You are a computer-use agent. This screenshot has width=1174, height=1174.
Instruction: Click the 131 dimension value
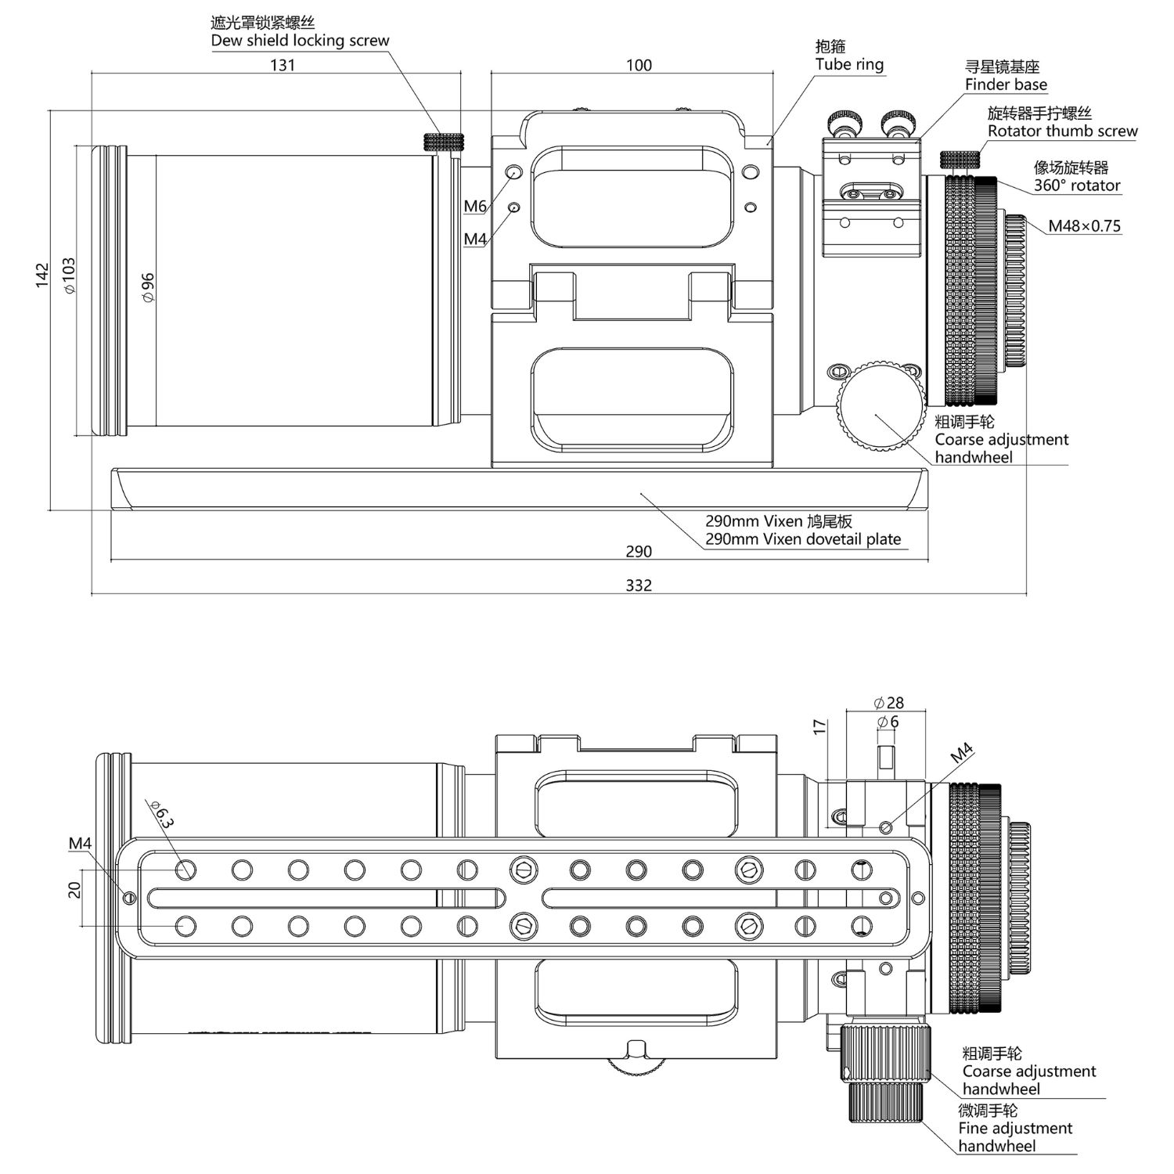pyautogui.click(x=283, y=65)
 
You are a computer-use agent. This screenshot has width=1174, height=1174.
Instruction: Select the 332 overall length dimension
pyautogui.click(x=639, y=585)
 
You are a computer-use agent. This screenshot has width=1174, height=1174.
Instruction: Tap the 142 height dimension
pyautogui.click(x=42, y=275)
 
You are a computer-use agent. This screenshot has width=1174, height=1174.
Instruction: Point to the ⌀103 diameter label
pyautogui.click(x=70, y=275)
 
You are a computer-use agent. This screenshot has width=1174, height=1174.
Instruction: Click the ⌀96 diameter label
pyautogui.click(x=148, y=287)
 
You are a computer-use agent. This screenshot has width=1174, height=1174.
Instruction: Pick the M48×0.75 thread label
pyautogui.click(x=1085, y=226)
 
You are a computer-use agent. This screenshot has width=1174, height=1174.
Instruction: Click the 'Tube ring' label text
pyautogui.click(x=849, y=65)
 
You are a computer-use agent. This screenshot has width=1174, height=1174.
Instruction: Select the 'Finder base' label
pyautogui.click(x=1006, y=85)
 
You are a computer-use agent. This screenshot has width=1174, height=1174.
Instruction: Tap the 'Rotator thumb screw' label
pyautogui.click(x=1063, y=131)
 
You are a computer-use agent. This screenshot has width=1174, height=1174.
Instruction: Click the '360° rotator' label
pyautogui.click(x=1077, y=185)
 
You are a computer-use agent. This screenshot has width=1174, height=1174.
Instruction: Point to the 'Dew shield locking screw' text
pyautogui.click(x=300, y=41)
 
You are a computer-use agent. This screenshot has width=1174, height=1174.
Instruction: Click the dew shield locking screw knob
pyautogui.click(x=443, y=142)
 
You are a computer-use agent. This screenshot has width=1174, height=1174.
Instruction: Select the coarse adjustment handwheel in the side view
pyautogui.click(x=880, y=404)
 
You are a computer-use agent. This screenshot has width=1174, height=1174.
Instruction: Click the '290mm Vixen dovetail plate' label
pyautogui.click(x=803, y=539)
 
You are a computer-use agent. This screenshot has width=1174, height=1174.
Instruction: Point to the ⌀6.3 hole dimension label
pyautogui.click(x=161, y=814)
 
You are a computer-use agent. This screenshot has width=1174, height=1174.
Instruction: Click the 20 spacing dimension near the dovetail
pyautogui.click(x=75, y=890)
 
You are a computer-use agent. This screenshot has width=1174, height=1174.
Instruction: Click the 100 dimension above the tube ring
pyautogui.click(x=639, y=65)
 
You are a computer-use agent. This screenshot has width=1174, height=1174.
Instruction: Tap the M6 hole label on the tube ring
pyautogui.click(x=475, y=207)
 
